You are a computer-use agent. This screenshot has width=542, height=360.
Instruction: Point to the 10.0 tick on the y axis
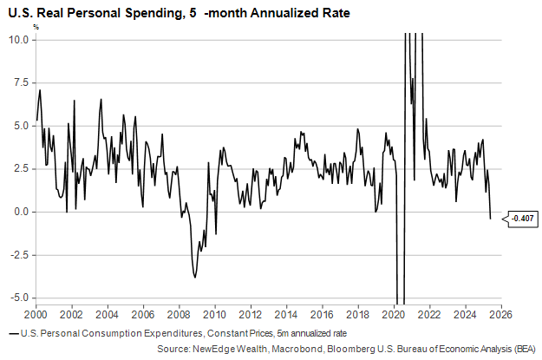tap(18, 40)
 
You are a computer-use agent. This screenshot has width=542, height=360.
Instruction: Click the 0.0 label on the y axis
tap(21, 212)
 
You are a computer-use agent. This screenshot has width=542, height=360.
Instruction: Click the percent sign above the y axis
tap(36, 26)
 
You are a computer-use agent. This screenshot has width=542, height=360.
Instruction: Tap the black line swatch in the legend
tap(11, 333)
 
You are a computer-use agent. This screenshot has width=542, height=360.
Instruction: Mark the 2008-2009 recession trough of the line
tap(195, 277)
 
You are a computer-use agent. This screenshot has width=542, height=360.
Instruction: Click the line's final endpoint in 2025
tap(490, 218)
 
